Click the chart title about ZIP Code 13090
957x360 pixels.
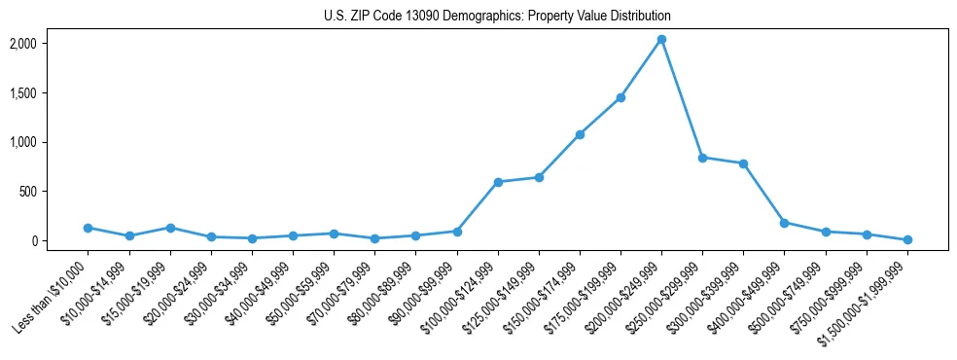pos(497,17)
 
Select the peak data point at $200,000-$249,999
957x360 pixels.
pos(661,39)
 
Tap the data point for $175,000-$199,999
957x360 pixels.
pos(620,97)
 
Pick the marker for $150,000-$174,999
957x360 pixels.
pos(580,134)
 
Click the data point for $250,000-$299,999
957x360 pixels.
pos(702,158)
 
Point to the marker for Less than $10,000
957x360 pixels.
pos(88,228)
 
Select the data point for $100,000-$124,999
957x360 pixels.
pos(498,182)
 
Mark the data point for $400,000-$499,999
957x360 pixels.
pos(785,223)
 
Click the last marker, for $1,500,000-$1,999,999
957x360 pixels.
pos(907,239)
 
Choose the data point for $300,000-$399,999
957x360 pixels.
pos(744,163)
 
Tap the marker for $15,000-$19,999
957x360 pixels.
pos(170,228)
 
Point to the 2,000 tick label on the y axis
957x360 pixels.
pos(51,44)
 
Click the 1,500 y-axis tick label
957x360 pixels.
pos(51,93)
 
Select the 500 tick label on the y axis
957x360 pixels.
pos(55,192)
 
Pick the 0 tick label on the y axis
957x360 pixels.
pos(60,241)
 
